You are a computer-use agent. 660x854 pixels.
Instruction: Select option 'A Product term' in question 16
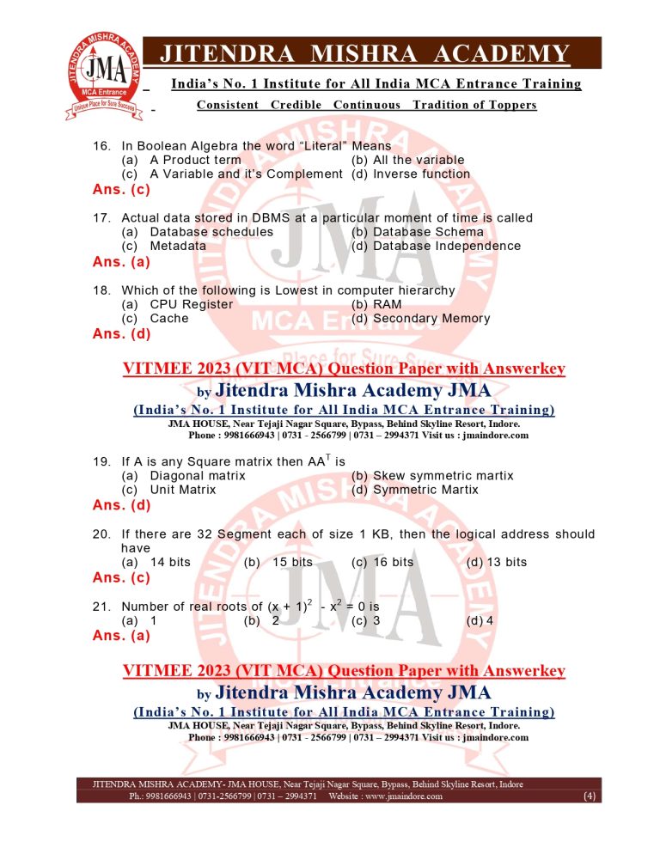(195, 160)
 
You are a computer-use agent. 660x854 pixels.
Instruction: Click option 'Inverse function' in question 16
(421, 174)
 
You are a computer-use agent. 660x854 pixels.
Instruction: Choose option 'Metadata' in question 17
(178, 246)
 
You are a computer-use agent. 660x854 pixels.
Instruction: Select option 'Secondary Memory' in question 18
(431, 318)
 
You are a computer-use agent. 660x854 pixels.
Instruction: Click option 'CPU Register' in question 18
(191, 304)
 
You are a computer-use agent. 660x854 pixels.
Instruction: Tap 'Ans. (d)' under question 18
(121, 334)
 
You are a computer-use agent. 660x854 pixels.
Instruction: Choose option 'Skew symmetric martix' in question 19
(443, 475)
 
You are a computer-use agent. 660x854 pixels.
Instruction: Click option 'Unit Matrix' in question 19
(183, 490)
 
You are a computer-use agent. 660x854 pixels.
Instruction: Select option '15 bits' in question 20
(291, 562)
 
